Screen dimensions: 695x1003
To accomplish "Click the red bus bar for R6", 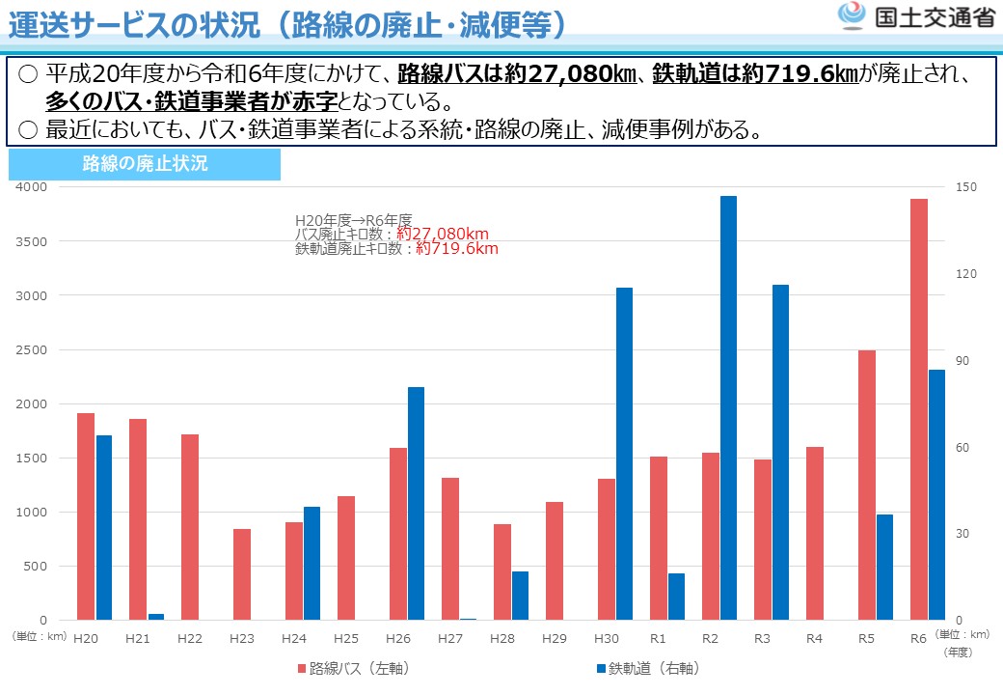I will pos(918,409).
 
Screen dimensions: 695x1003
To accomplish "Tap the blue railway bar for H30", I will pos(624,454).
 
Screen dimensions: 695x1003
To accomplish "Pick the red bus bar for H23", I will pos(242,574).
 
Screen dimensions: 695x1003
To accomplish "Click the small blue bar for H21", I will pos(155,616).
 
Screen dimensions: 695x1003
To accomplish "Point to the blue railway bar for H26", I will pos(416,503).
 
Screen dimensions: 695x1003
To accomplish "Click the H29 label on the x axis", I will pos(554,638).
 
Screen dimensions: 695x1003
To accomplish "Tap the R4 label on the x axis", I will pos(814,638).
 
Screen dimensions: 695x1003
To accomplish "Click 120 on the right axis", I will pos(965,274).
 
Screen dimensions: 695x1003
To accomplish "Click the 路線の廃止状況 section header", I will pos(145,164).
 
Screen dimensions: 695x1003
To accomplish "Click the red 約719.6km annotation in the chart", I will pos(456,248).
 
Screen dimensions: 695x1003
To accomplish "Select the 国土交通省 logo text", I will pos(933,18).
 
